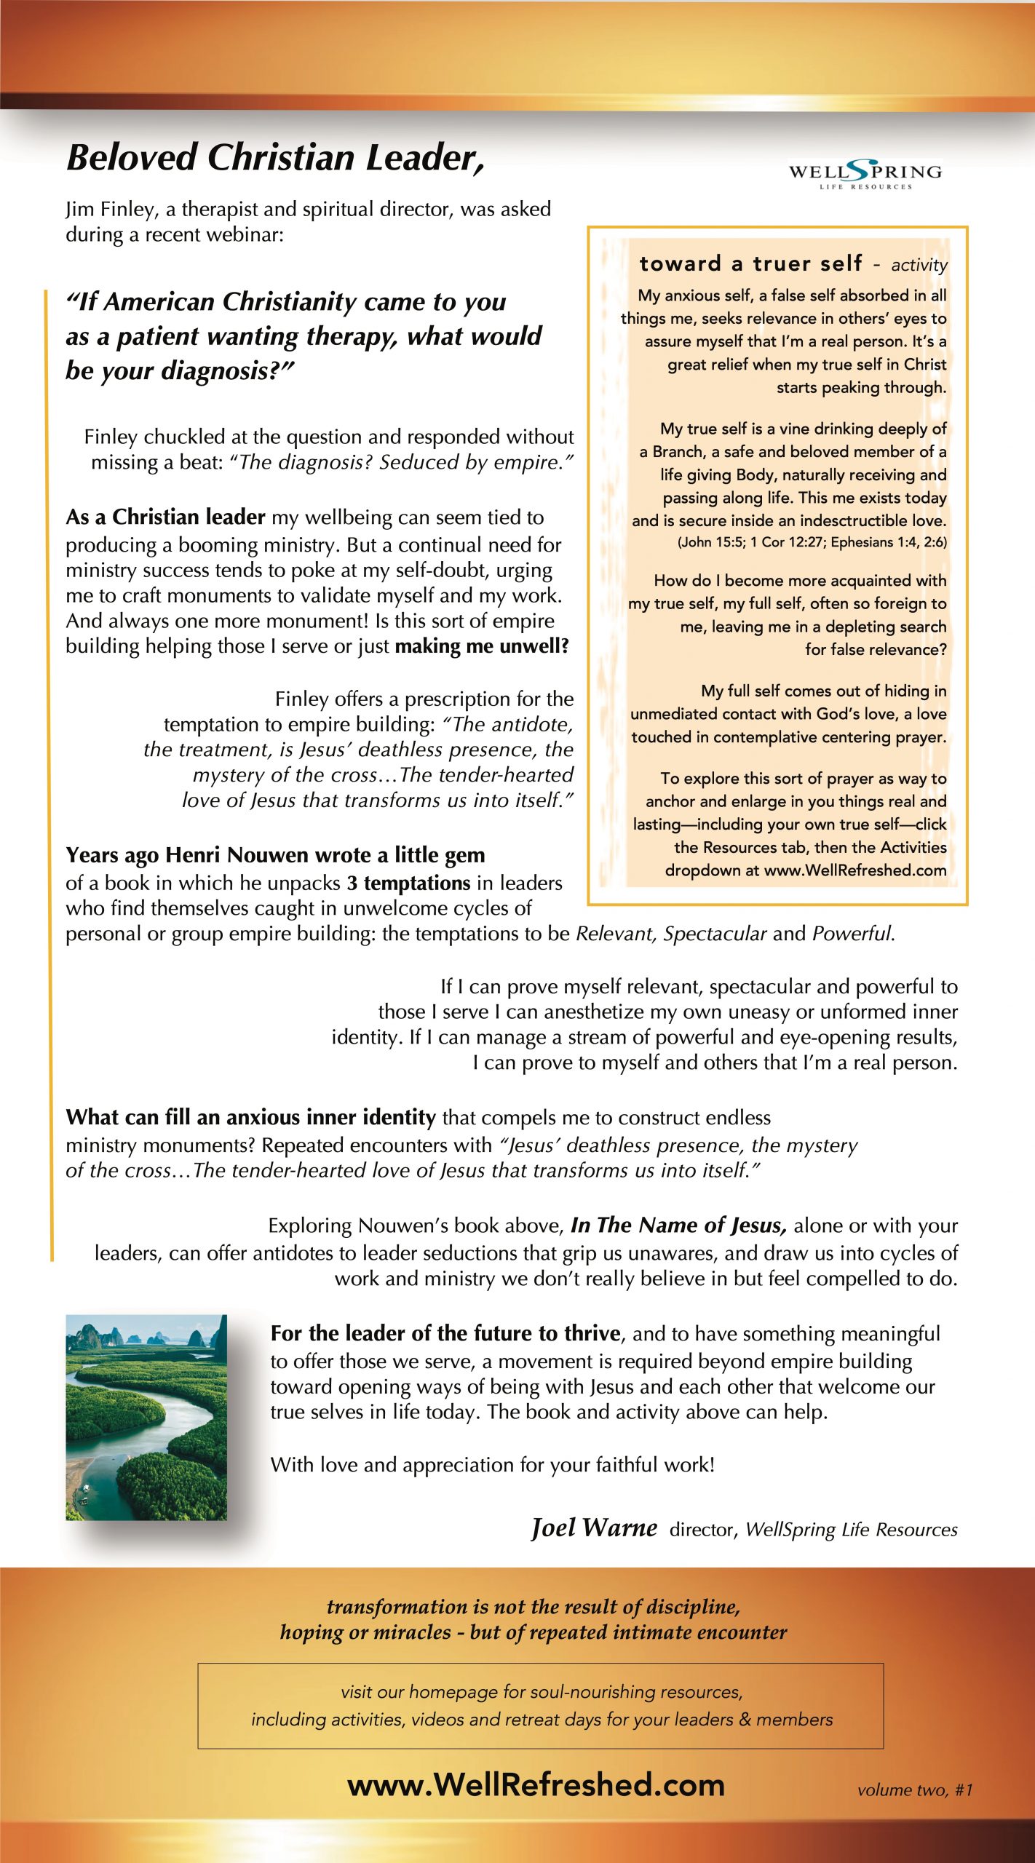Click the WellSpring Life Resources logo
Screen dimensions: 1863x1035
[865, 175]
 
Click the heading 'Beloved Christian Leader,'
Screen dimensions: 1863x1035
[275, 157]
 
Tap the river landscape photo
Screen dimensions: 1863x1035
[146, 1417]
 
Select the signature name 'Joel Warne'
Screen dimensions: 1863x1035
[594, 1528]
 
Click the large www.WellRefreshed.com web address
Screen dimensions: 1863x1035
[536, 1785]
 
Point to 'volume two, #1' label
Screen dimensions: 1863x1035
[915, 1790]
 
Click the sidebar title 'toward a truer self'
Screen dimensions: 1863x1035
[750, 263]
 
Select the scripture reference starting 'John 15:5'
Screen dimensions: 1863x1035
[812, 542]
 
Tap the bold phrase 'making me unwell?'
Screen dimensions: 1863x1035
[482, 646]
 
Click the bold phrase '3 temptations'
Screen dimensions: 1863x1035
[408, 883]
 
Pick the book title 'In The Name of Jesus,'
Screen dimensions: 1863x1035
[678, 1226]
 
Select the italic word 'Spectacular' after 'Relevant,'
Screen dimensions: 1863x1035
[715, 934]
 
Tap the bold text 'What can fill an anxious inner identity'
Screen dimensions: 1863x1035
[250, 1117]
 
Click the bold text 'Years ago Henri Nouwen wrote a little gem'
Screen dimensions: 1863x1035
[275, 855]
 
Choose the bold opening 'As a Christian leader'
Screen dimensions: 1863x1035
[165, 517]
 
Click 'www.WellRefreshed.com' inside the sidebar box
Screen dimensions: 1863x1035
[855, 870]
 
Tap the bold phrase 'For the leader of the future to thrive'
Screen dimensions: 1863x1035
[445, 1333]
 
